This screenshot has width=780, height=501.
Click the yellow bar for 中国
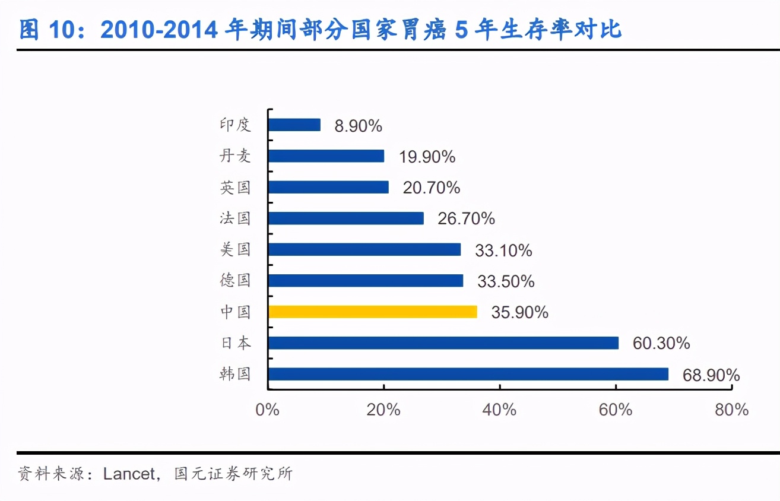(x=372, y=312)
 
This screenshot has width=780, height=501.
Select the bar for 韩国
(x=468, y=374)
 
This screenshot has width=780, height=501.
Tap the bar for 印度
(x=294, y=125)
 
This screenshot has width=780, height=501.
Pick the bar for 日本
(x=443, y=343)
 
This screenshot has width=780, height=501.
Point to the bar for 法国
(x=345, y=218)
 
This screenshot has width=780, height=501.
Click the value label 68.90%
(x=711, y=375)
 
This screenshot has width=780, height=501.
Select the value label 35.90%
(x=519, y=312)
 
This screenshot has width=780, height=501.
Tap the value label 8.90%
(x=358, y=126)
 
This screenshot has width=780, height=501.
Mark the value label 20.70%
(x=432, y=188)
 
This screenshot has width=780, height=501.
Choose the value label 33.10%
(x=503, y=251)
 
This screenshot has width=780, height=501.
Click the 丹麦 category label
(x=236, y=156)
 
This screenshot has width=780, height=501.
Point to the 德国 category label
(x=236, y=280)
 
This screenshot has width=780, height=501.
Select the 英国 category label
(x=236, y=188)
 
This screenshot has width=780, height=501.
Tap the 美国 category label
(x=236, y=249)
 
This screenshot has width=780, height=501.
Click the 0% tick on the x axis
(x=267, y=410)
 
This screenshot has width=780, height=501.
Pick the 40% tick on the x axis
(x=500, y=410)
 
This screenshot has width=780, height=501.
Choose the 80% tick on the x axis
(x=731, y=410)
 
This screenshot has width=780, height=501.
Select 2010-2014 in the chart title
(x=161, y=29)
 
